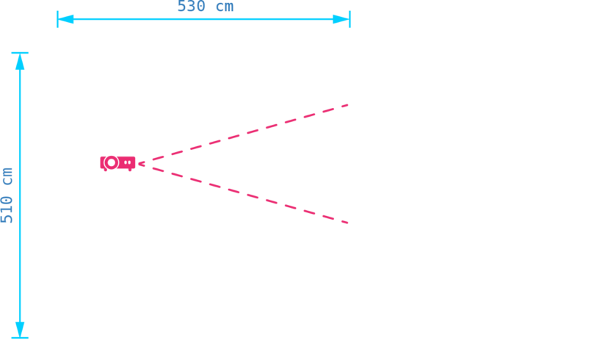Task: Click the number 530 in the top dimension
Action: pyautogui.click(x=191, y=7)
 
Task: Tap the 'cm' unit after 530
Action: pyautogui.click(x=225, y=7)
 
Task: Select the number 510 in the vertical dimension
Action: pyautogui.click(x=7, y=210)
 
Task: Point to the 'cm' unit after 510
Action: pyautogui.click(x=7, y=176)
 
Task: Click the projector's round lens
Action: pyautogui.click(x=112, y=162)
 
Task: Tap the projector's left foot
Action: pyautogui.click(x=106, y=170)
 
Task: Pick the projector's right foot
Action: pyautogui.click(x=130, y=170)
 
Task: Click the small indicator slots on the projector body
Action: pyautogui.click(x=128, y=162)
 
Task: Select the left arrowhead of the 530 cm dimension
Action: pyautogui.click(x=65, y=19)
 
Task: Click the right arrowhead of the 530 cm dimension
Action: pyautogui.click(x=341, y=19)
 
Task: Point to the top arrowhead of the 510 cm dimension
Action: pyautogui.click(x=20, y=62)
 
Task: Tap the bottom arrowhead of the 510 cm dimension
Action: pyautogui.click(x=20, y=329)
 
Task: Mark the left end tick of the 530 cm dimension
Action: pyautogui.click(x=57, y=19)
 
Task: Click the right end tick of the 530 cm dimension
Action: pyautogui.click(x=350, y=19)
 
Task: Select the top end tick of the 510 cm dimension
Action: pyautogui.click(x=20, y=52)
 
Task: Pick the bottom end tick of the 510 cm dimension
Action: pyautogui.click(x=20, y=338)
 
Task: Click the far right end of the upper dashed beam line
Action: pyautogui.click(x=347, y=105)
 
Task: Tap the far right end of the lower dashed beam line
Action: pyautogui.click(x=347, y=223)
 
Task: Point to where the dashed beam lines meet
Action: pyautogui.click(x=139, y=164)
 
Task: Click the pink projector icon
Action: pyautogui.click(x=117, y=163)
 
